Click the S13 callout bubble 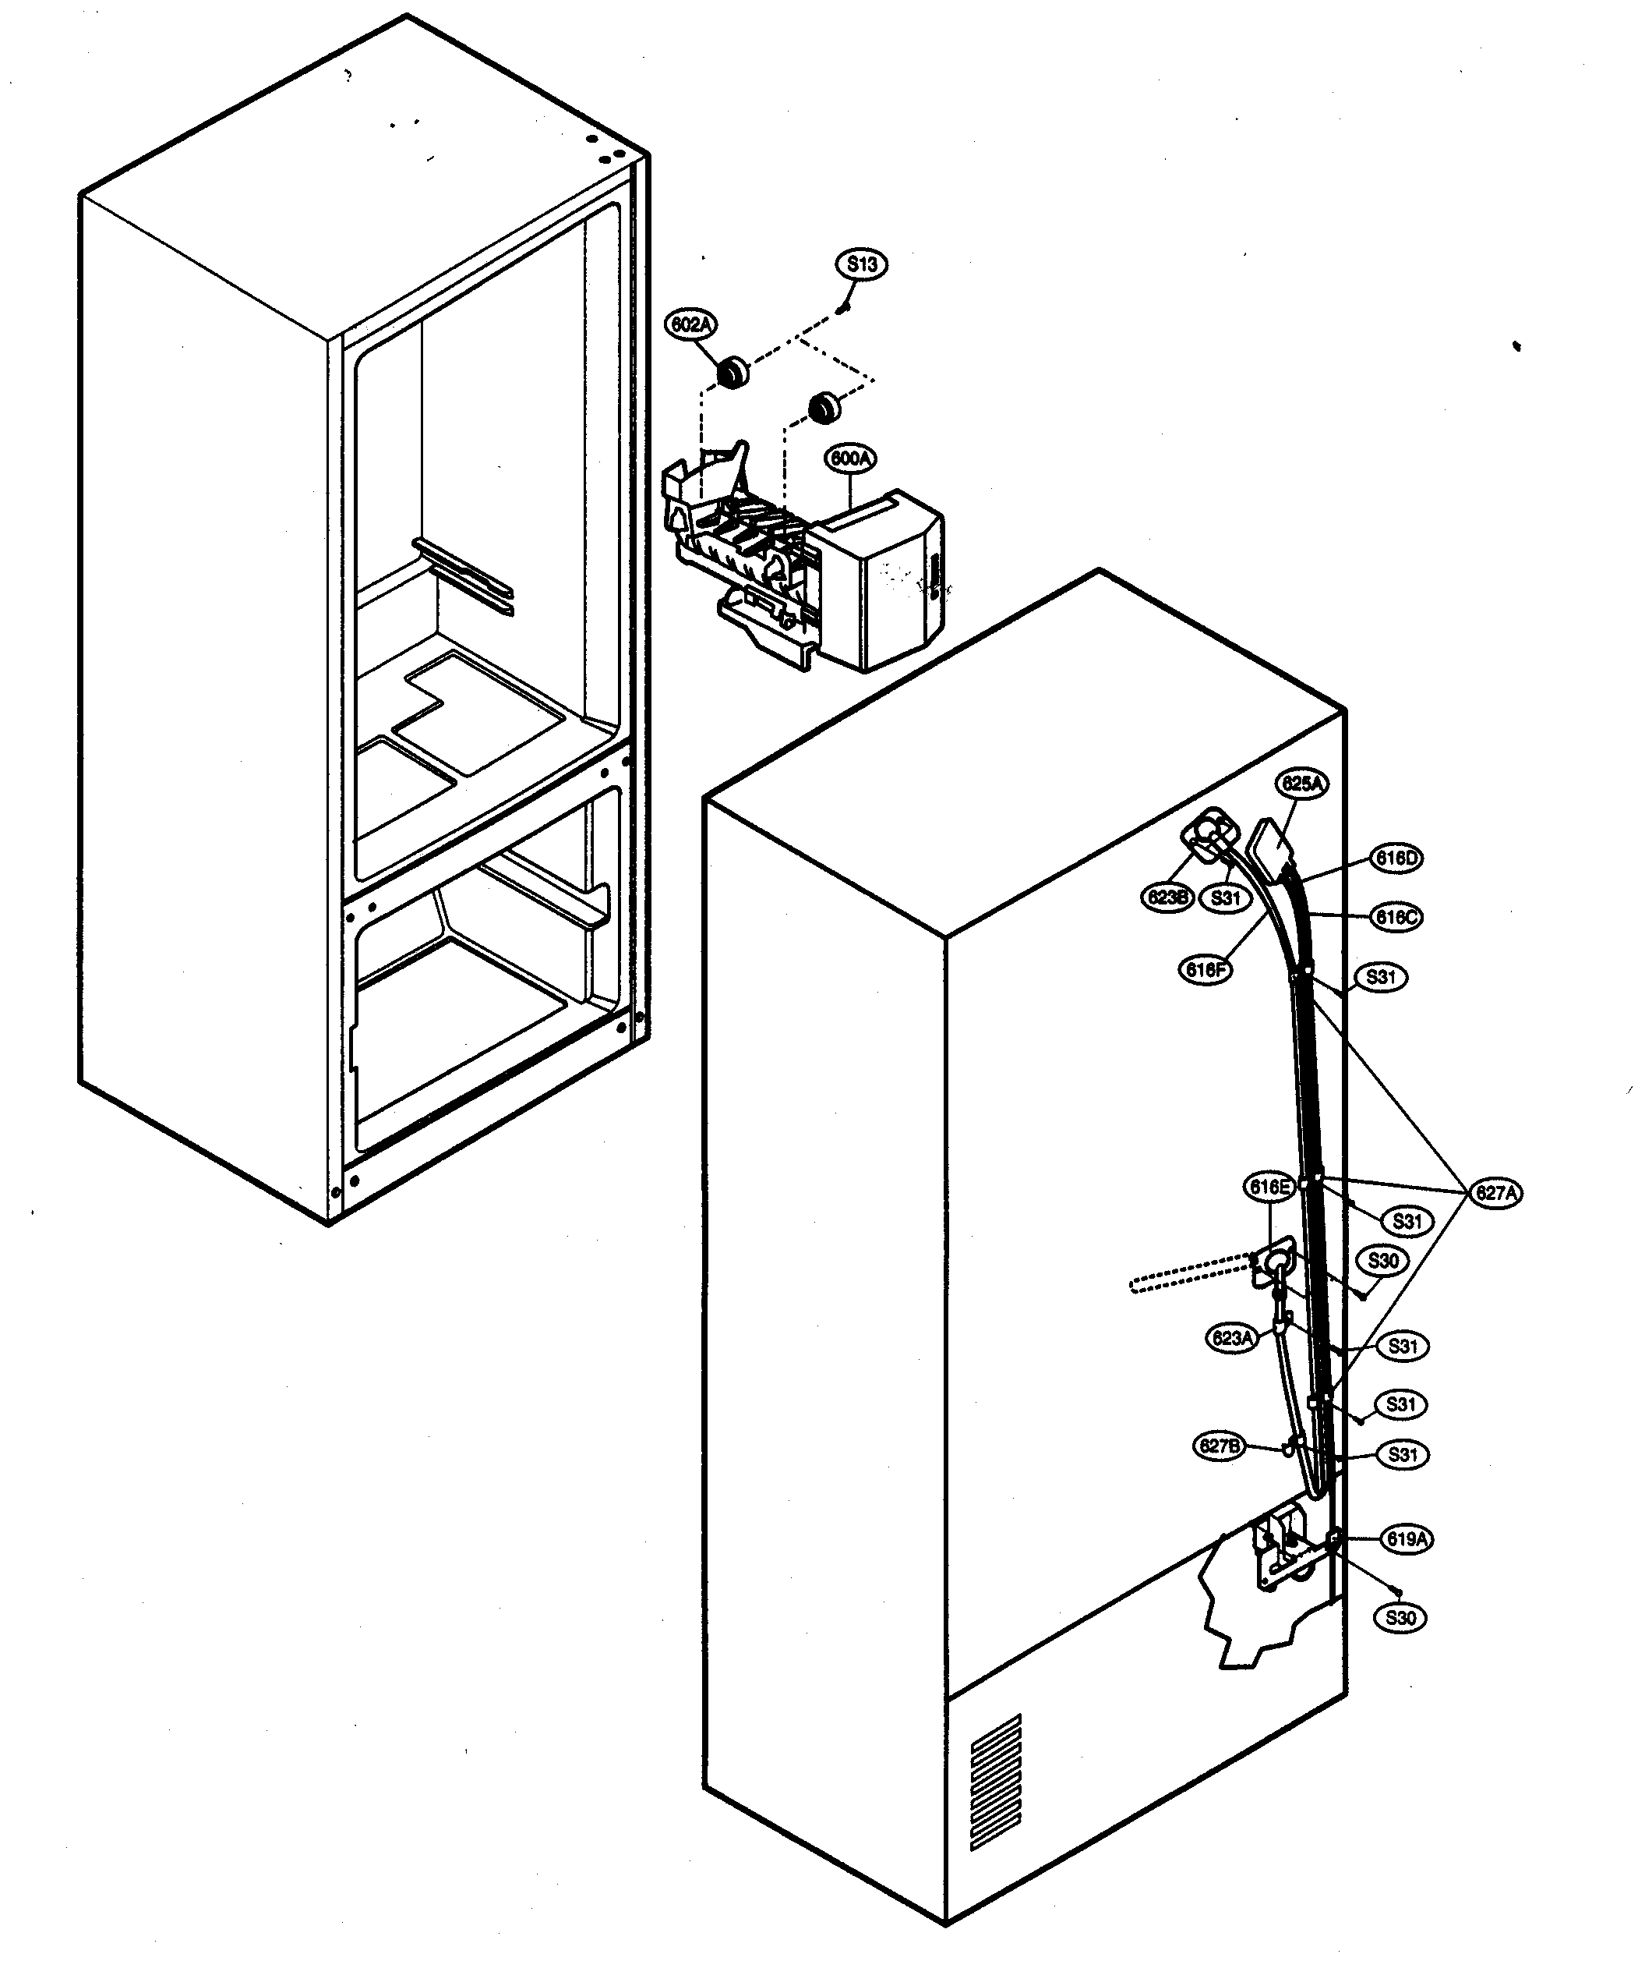[860, 264]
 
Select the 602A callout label [690, 325]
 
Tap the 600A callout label [850, 458]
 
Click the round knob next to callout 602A [732, 372]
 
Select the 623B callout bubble [1167, 897]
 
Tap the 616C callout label [1396, 917]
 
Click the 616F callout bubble [1205, 970]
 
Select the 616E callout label [1269, 1187]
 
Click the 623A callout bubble [1231, 1338]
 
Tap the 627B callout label [1220, 1446]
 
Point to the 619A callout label [1406, 1540]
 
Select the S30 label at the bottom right [1401, 1618]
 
